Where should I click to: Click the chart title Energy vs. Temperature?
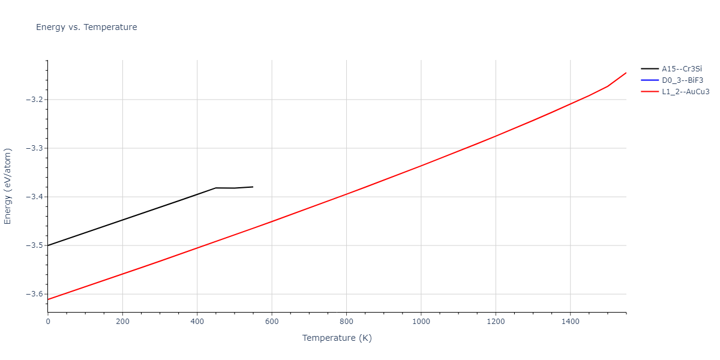86,27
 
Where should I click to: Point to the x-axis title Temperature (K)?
337,338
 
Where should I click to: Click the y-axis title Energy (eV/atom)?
8,186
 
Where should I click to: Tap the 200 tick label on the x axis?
122,322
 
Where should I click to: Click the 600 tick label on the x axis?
272,322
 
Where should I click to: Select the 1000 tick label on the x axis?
421,322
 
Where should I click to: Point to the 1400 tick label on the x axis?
570,322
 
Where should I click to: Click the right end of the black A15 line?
253,187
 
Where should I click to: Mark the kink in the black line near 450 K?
215,188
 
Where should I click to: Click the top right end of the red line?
626,73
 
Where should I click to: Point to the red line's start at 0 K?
48,299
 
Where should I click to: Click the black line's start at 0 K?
48,245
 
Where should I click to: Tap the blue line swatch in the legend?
650,80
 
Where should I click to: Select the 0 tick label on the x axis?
48,322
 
